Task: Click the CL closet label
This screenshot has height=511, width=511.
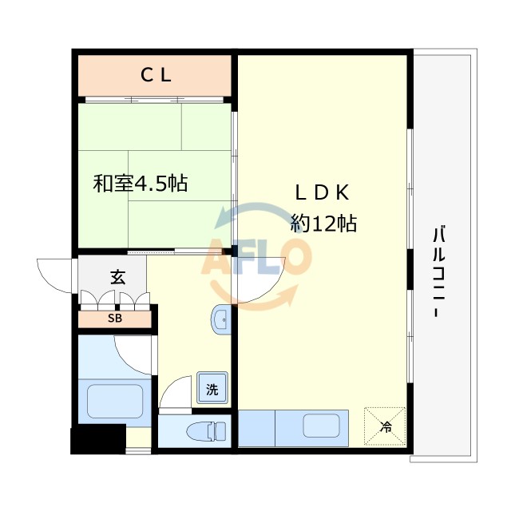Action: [156, 76]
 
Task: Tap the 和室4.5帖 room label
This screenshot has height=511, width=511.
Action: [141, 183]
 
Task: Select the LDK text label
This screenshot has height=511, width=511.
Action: [323, 193]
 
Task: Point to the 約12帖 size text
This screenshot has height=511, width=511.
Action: [323, 224]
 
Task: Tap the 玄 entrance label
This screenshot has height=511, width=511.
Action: [117, 278]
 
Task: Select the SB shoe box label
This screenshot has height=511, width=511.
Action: [116, 319]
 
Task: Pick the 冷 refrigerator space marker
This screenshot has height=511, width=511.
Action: [386, 426]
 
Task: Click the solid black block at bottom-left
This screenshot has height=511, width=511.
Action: [98, 440]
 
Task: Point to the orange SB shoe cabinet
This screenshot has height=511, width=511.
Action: [116, 319]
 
